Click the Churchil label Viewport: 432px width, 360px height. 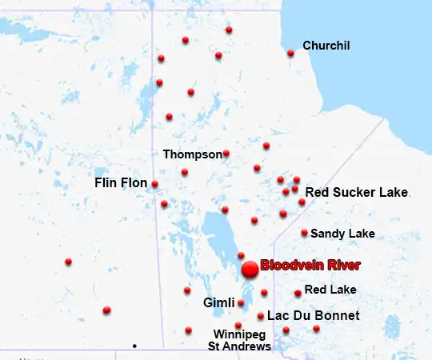coord(326,46)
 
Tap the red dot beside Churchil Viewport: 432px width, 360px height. coord(290,54)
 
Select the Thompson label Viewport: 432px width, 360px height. coord(192,154)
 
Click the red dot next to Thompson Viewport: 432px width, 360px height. coord(226,154)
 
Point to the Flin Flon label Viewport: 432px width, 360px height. coord(121,183)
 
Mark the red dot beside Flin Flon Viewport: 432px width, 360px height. coord(154,184)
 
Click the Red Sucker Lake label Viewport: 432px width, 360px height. coord(357,193)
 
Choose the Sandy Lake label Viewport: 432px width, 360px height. coord(342,234)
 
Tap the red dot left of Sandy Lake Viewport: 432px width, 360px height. coord(304,234)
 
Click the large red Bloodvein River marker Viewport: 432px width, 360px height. coord(250,269)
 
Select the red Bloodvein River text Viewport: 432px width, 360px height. coord(310,266)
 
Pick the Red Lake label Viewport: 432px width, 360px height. coord(330,290)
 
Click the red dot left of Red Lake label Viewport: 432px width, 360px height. coord(298,293)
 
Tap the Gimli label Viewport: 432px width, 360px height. coord(219,303)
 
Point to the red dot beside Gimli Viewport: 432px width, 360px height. coord(241,303)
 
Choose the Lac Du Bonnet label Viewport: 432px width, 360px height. coord(313,316)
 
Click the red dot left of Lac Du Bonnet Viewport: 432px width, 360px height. coord(261,316)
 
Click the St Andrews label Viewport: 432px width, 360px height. coord(239,346)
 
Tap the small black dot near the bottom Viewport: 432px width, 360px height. coord(134,346)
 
